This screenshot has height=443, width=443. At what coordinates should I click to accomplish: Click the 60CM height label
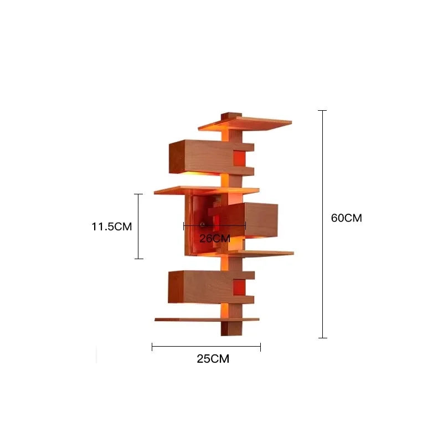tap(346, 218)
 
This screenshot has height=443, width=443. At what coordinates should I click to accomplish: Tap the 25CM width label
tap(213, 359)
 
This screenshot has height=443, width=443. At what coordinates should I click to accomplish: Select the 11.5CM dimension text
tap(112, 226)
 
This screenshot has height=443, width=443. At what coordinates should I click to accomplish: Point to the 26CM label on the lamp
tap(214, 239)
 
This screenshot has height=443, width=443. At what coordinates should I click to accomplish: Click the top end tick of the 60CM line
tap(322, 111)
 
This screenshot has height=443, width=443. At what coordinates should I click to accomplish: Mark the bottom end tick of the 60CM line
tap(322, 337)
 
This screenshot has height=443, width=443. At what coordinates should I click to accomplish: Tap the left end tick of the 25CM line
tap(152, 347)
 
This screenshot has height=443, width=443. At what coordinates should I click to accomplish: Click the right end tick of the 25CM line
tap(260, 347)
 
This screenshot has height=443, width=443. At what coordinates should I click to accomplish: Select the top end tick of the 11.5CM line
tap(138, 194)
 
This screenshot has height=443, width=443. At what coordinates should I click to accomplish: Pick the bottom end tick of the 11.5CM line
tap(138, 259)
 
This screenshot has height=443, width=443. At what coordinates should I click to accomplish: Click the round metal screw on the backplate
tap(203, 224)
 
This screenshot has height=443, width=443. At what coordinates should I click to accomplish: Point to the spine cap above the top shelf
tap(228, 116)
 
